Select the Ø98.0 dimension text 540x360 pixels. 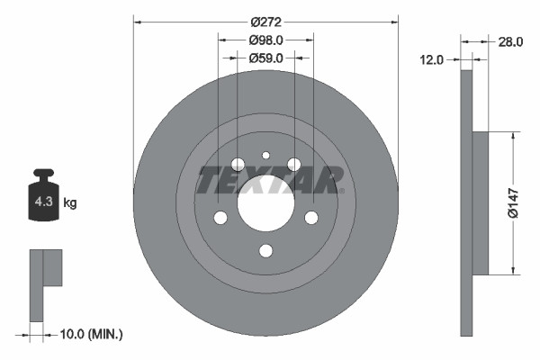click(x=265, y=40)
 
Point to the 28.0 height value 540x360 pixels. click(x=510, y=41)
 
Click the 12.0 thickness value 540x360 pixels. click(x=433, y=59)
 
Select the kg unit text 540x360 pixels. click(x=69, y=203)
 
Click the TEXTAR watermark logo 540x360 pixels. click(x=269, y=179)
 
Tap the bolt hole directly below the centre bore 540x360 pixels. click(x=265, y=251)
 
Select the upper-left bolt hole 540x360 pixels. click(x=238, y=164)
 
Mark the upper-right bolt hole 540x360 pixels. click(x=293, y=164)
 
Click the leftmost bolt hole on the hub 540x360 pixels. click(x=220, y=218)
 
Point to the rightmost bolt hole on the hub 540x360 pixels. click(x=311, y=218)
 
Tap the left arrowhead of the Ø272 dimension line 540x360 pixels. click(x=137, y=20)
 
